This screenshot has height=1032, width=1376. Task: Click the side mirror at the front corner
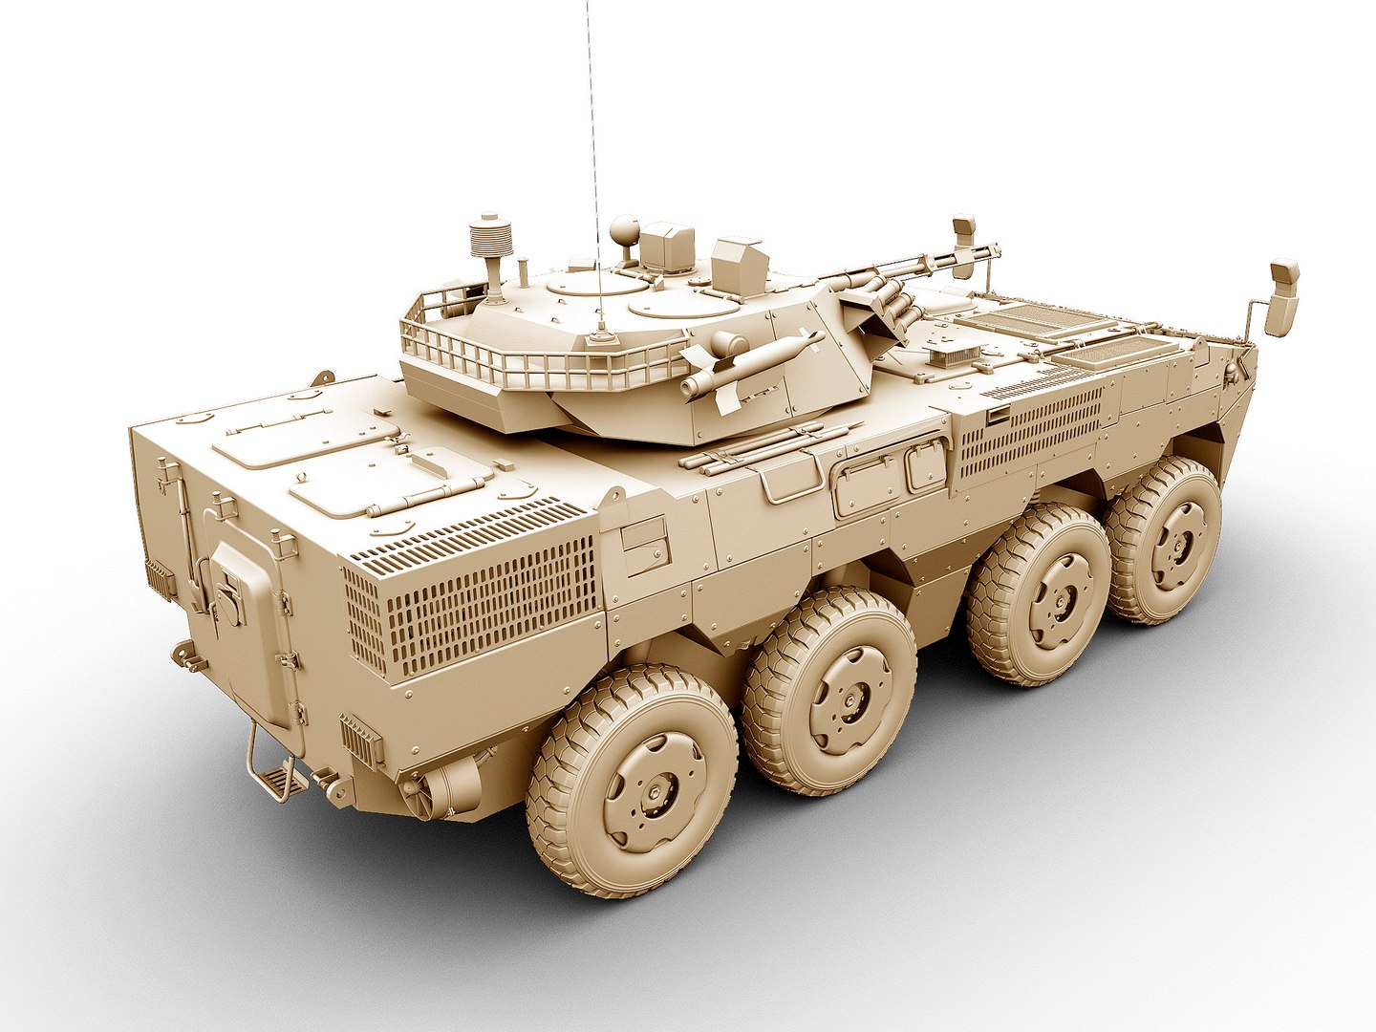[x=1282, y=296]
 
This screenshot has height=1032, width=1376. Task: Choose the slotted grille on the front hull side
[x=1032, y=435]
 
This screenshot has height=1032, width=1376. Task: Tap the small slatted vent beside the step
[x=361, y=740]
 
